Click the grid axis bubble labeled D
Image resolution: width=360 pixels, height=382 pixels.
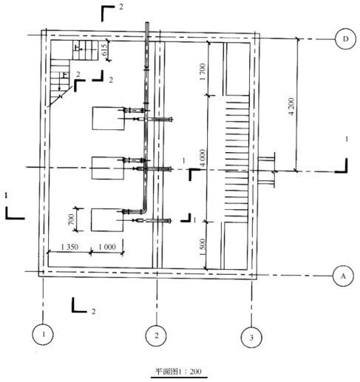pos(345,39)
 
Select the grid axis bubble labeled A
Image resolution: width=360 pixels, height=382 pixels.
pos(343,276)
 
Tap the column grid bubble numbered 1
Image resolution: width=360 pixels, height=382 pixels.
pos(43,334)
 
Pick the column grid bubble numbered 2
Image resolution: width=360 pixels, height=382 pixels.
pos(156,335)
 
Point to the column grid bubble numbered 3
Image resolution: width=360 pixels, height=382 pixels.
pos(251,337)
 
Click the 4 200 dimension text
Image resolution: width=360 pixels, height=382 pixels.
pos(291,106)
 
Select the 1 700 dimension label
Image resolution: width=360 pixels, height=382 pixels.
pos(203,72)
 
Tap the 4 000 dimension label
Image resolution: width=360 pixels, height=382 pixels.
pos(203,158)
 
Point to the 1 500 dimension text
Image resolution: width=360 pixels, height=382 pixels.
pos(203,247)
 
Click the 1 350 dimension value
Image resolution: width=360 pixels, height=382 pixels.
pos(69,247)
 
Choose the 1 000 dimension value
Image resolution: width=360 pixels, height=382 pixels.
pos(107,247)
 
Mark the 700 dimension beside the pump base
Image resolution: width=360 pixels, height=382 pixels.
pos(71,219)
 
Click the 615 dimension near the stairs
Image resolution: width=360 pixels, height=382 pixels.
pos(104,50)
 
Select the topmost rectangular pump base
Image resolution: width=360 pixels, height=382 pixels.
pos(109,118)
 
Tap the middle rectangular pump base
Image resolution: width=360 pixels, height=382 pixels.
pos(108,168)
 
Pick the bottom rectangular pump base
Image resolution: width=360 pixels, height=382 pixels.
pos(107,220)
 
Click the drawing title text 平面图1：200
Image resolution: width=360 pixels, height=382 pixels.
pos(178,371)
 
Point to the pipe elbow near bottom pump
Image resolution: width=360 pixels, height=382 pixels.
pos(144,211)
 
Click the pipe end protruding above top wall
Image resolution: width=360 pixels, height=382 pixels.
pos(147,24)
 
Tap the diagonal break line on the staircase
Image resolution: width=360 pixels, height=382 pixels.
pos(61,96)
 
